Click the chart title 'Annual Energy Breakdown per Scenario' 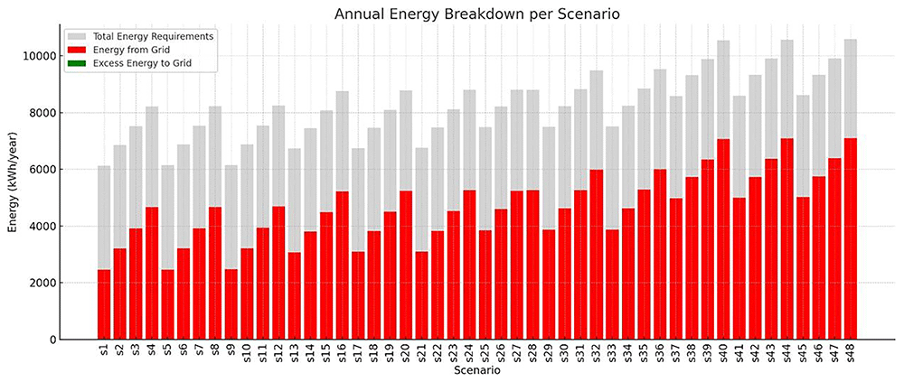[x=476, y=14]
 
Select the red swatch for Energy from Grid [x=77, y=50]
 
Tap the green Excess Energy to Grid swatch [x=77, y=63]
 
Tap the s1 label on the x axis [x=104, y=350]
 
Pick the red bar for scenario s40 [x=723, y=239]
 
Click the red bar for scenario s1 [x=104, y=304]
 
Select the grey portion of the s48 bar [x=851, y=89]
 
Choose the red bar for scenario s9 [x=231, y=304]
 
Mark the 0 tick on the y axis [x=51, y=340]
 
